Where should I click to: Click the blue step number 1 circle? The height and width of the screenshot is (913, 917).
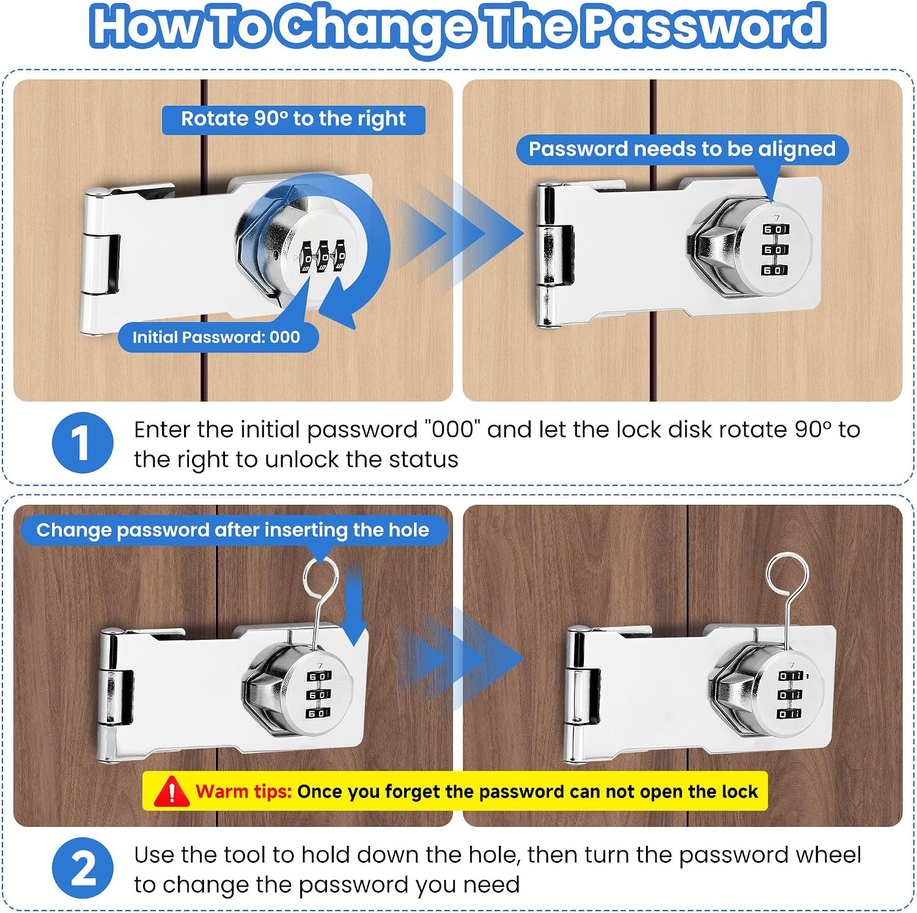[83, 442]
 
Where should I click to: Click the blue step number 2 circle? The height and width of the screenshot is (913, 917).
[83, 868]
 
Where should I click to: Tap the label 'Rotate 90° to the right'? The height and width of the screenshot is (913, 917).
[293, 119]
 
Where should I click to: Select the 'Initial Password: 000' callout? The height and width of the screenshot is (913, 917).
[217, 337]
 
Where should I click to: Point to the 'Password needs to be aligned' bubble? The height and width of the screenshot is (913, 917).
[682, 150]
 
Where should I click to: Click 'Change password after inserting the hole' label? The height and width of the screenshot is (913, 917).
[233, 530]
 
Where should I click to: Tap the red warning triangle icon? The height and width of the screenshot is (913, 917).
[171, 791]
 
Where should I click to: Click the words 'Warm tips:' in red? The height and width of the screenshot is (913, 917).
[243, 791]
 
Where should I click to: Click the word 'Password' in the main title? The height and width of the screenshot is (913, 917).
[705, 26]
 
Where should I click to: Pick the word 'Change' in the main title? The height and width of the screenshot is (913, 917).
[377, 28]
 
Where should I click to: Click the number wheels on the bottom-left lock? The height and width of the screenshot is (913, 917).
[319, 695]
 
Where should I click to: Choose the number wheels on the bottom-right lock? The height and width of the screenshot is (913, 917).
[790, 695]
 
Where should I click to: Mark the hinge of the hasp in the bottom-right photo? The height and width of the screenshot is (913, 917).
[582, 697]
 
